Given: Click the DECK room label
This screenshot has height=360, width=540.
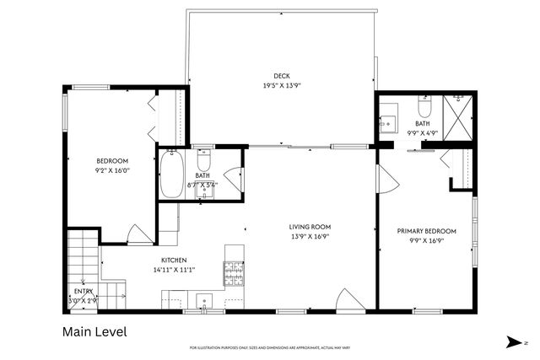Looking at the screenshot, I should tap(281, 75).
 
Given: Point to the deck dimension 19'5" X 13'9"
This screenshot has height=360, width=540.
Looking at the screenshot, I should tap(281, 85).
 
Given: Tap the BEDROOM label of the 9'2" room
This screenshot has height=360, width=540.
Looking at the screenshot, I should tap(111, 161).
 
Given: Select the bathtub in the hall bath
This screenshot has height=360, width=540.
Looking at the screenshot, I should tap(172, 174).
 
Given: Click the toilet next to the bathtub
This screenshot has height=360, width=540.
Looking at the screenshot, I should tap(203, 159).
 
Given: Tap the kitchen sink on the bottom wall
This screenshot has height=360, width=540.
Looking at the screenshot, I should tap(203, 300).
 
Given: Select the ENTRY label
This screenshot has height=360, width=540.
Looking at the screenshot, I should tap(84, 291).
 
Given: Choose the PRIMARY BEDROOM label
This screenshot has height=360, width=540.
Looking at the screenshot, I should tap(426, 231).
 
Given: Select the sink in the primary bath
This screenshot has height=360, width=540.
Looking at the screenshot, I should tap(389, 122).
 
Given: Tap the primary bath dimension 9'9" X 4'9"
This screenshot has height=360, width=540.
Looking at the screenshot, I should tap(422, 132).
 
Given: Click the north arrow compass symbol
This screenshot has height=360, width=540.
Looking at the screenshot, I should tap(515, 341).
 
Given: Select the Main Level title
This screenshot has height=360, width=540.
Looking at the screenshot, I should tap(95, 332).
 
